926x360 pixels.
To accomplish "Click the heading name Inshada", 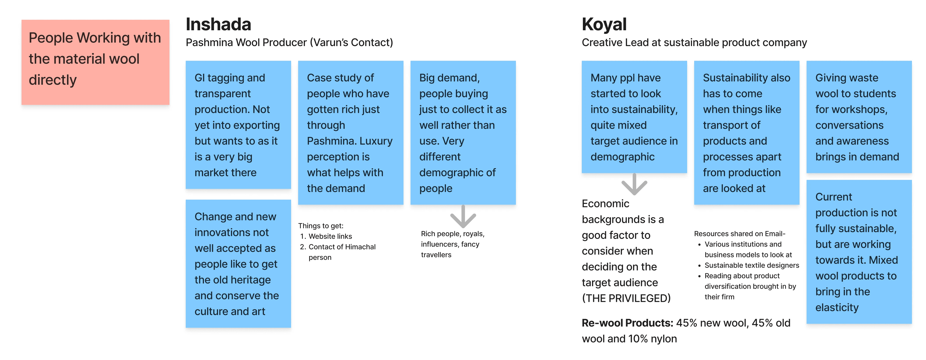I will click(218, 24).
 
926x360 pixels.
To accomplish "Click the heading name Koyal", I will click(604, 24).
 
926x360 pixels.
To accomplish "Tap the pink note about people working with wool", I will click(95, 62).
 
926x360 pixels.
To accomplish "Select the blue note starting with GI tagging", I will click(238, 125).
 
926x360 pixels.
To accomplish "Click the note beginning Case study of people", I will click(350, 133).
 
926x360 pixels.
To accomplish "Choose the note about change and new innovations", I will click(238, 263).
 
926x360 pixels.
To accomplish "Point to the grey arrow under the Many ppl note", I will click(634, 184).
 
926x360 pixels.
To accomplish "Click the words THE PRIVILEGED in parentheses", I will click(626, 298).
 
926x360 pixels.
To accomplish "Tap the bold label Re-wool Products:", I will click(627, 323).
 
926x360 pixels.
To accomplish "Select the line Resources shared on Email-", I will click(739, 234).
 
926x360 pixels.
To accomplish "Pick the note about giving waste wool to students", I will click(859, 117).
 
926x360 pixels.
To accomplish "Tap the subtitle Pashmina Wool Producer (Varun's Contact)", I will click(289, 42).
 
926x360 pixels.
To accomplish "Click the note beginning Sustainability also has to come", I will click(746, 133).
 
